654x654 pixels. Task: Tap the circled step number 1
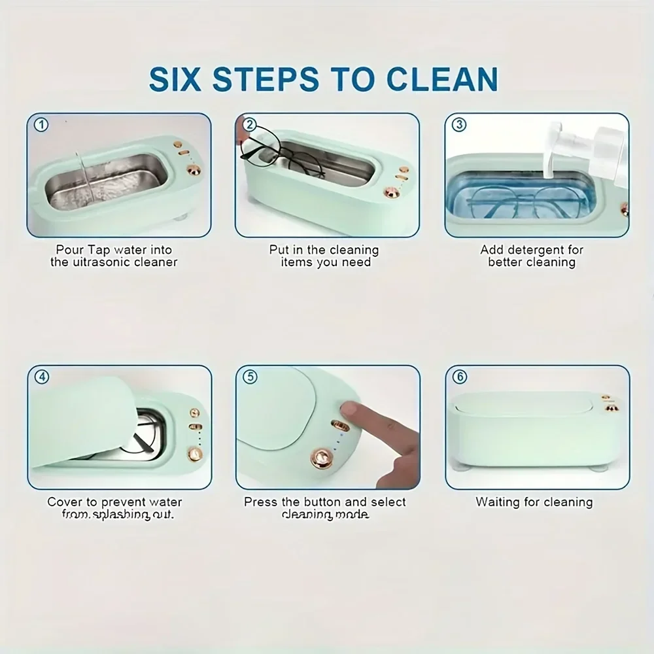[41, 124]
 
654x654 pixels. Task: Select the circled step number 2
[249, 124]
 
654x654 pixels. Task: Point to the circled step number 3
[459, 124]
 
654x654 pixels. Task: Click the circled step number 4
[41, 377]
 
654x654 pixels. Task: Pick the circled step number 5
[249, 377]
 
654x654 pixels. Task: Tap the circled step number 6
[459, 377]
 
